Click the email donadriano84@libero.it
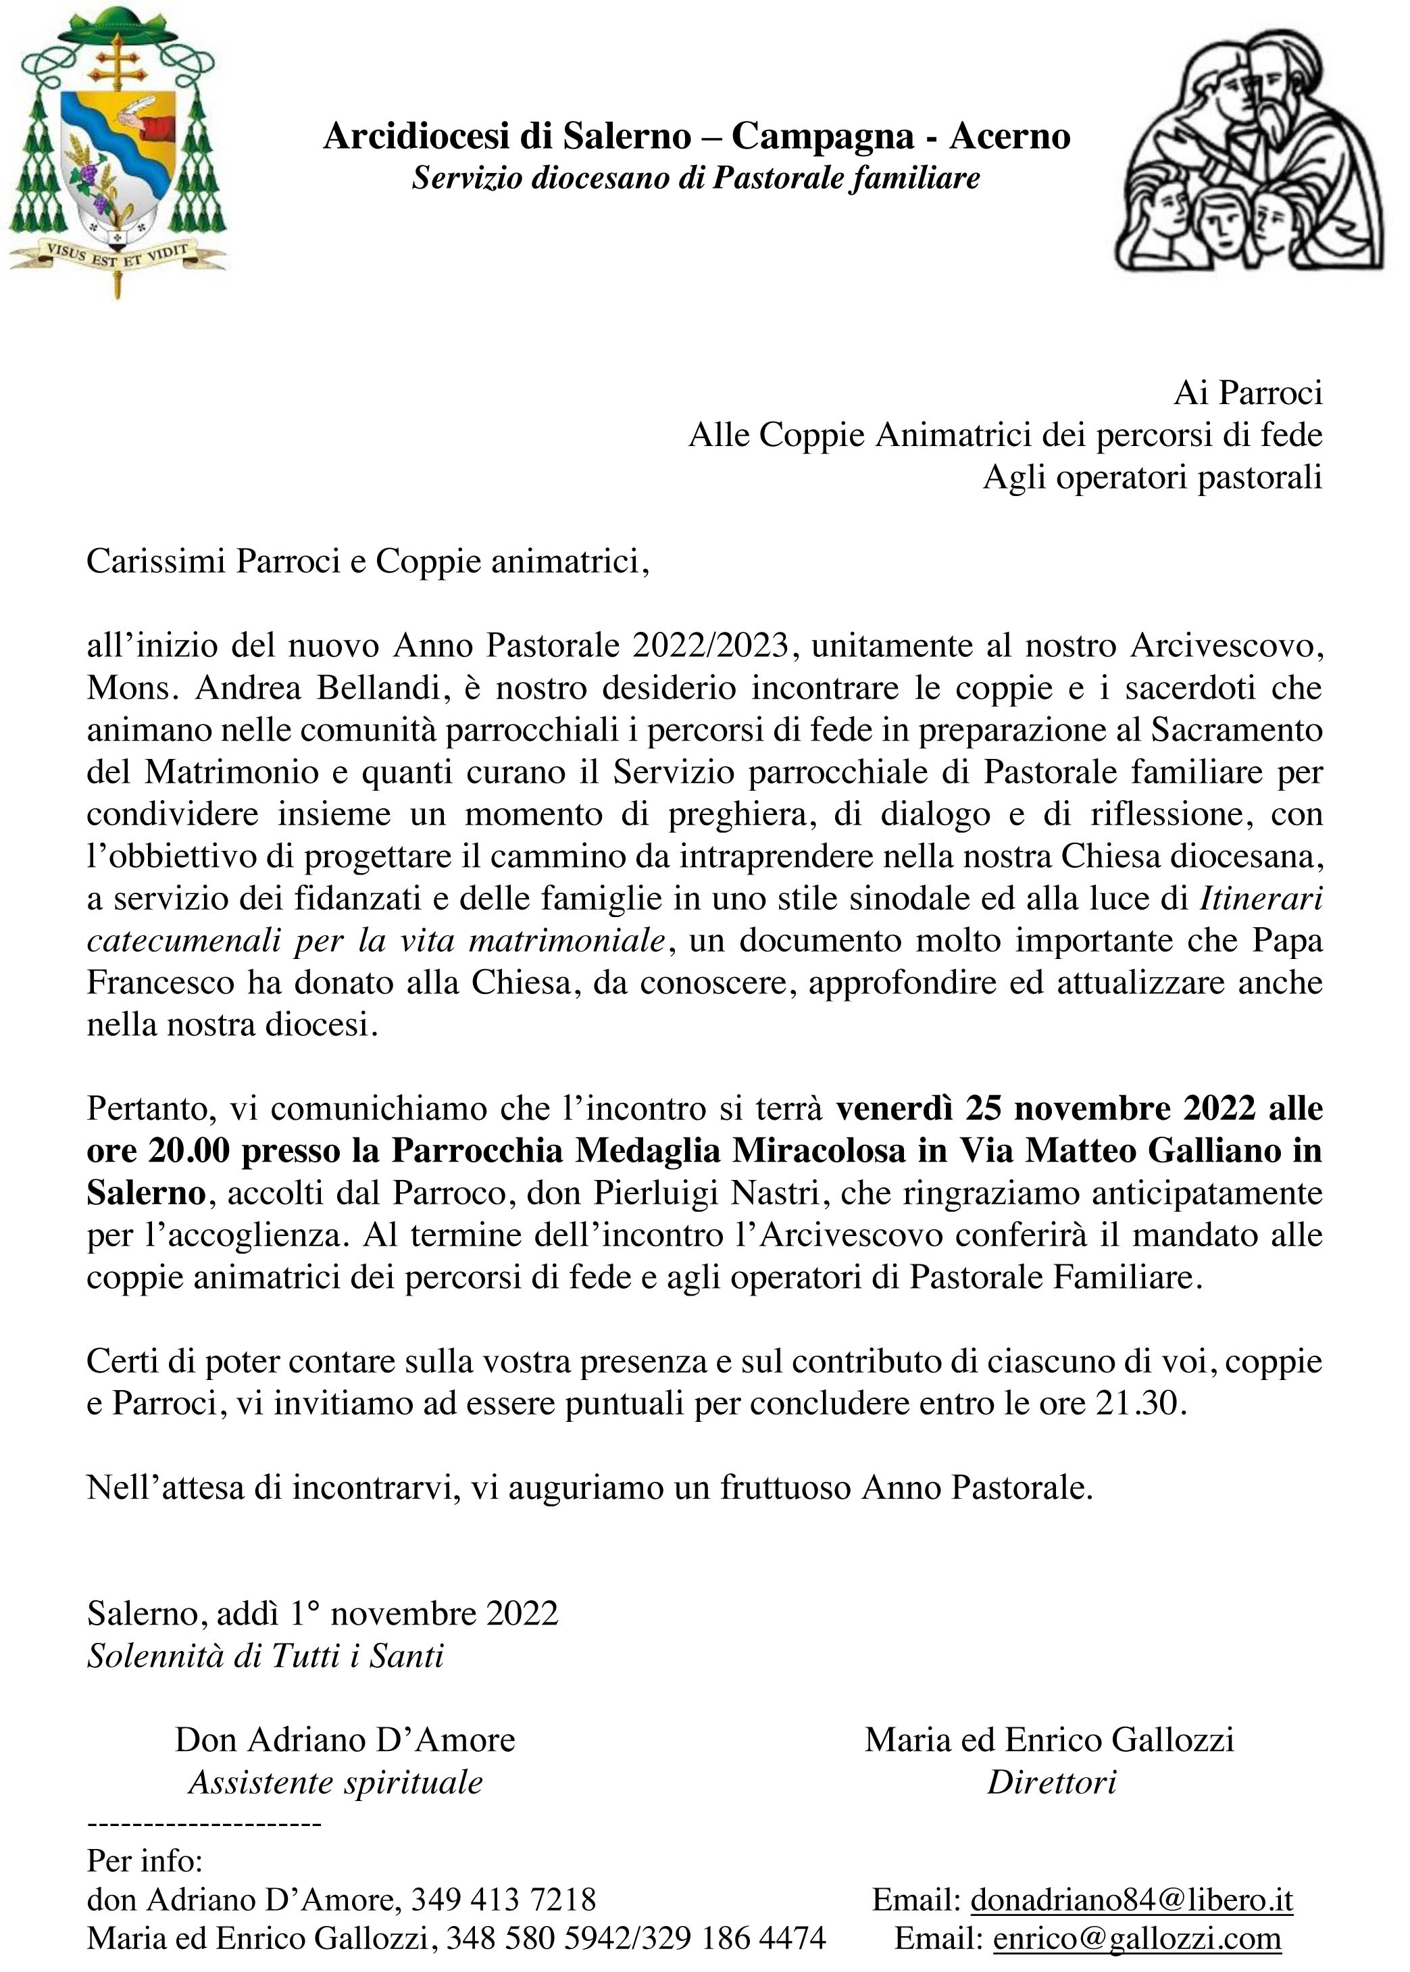1131,1900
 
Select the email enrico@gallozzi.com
1136,1938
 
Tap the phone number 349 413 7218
503,1900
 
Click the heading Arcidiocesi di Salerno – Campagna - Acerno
697,137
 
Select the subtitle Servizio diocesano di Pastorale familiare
697,178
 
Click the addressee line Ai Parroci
1248,393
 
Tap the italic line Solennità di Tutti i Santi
265,1656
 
